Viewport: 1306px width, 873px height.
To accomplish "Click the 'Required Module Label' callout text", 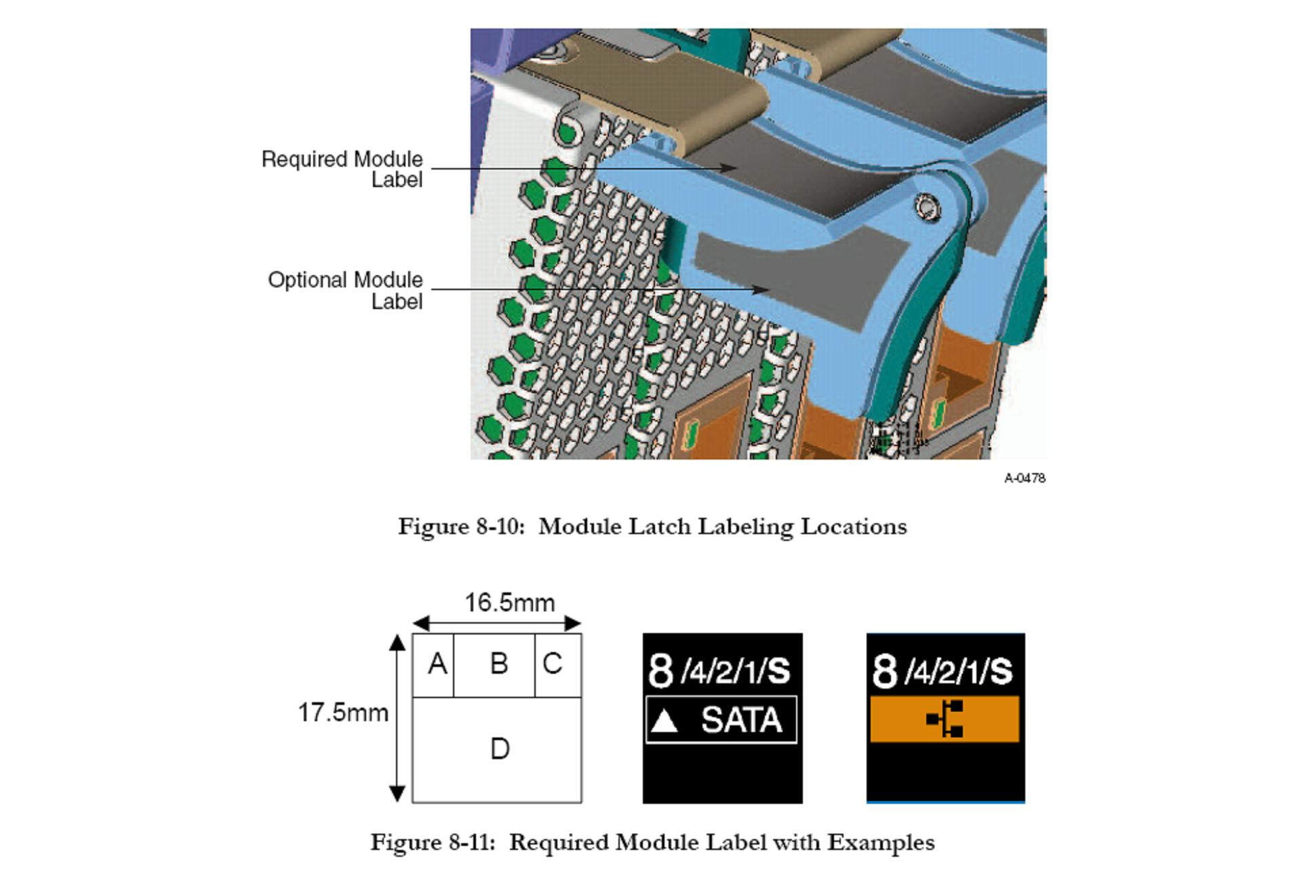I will pos(342,169).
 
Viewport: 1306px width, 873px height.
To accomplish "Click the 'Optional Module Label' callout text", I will pos(345,290).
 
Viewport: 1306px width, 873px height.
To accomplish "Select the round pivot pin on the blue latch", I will pos(926,206).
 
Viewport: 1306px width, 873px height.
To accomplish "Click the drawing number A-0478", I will pos(1025,479).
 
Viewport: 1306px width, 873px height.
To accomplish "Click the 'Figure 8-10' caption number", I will pos(461,527).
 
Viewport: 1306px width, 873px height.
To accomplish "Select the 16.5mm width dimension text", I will pos(509,603).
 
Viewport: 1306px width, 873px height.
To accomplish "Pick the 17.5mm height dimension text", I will pos(343,713).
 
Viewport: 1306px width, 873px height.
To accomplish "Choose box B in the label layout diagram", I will pos(498,664).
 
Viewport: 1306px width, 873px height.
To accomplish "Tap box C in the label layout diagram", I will pos(553,664).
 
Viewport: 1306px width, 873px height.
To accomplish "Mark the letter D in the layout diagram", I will pos(500,749).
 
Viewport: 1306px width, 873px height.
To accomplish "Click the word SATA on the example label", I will pos(741,720).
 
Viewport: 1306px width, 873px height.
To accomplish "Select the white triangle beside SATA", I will pos(664,722).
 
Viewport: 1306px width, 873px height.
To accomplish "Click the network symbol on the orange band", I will pos(945,719).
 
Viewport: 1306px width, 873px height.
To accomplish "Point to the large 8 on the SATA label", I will pos(660,671).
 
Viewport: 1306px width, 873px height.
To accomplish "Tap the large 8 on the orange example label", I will pos(884,671).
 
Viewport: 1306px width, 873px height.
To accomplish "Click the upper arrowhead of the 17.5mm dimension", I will pos(397,643).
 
